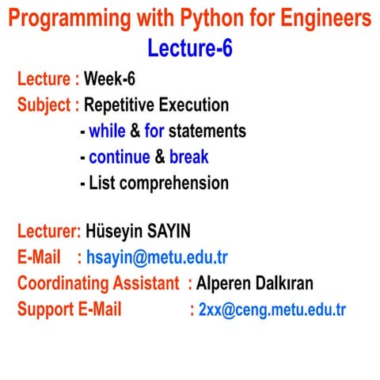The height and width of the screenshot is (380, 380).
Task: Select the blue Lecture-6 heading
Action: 190,48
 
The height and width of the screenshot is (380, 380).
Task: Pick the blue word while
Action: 107,131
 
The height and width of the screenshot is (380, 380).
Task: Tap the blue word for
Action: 154,131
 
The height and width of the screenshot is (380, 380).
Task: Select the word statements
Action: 207,131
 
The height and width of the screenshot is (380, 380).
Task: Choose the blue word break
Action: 189,157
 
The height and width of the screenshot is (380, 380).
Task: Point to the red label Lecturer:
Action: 49,231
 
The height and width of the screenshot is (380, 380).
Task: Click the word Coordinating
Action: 66,283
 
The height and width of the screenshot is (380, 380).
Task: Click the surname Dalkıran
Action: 286,283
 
